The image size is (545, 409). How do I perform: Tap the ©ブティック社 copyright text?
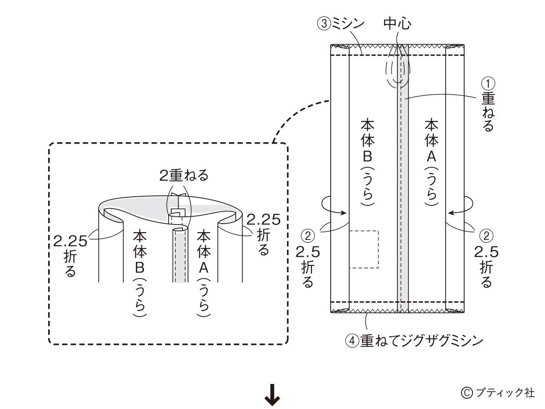coord(498,392)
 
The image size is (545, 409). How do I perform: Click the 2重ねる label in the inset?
coord(183,176)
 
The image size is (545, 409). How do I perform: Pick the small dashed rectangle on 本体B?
coord(363,249)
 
